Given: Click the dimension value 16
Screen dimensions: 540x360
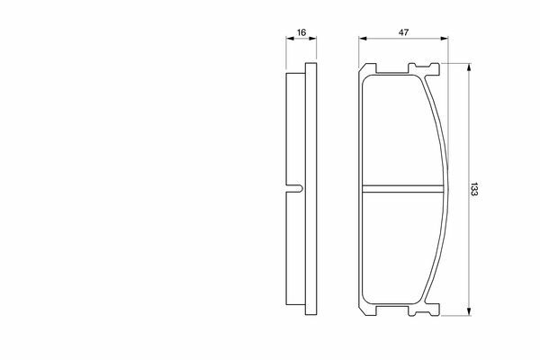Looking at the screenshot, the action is point(301,32).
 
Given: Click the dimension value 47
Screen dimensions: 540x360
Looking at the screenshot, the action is point(403,32).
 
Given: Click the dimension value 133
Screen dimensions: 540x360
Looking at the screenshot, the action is point(474,189).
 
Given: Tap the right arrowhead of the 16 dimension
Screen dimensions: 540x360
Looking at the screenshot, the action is point(312,39).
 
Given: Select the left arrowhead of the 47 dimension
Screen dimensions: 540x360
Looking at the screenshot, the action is point(363,39).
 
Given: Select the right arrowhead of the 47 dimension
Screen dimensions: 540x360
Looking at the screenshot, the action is point(445,39).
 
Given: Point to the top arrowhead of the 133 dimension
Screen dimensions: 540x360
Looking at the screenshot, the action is point(468,67).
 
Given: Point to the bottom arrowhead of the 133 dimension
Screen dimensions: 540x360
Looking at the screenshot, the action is point(468,311).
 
